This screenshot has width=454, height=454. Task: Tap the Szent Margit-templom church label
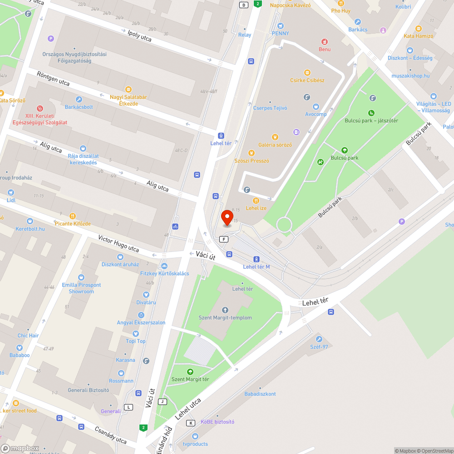click(x=225, y=317)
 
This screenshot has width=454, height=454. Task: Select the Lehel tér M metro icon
click(x=257, y=259)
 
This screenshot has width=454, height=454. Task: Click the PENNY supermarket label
click(x=280, y=33)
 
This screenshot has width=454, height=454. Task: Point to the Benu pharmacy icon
click(x=325, y=41)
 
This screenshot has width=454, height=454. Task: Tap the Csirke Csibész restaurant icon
click(x=307, y=73)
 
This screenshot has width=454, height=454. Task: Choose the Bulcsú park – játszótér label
click(x=371, y=120)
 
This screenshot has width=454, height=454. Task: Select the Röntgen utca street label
click(x=53, y=78)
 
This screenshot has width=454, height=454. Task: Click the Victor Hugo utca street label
click(x=118, y=243)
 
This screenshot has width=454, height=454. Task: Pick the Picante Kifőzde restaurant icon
click(x=72, y=216)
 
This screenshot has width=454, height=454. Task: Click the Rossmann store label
click(x=121, y=381)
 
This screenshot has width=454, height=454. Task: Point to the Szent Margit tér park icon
click(x=190, y=372)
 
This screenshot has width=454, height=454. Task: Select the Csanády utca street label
click(x=110, y=434)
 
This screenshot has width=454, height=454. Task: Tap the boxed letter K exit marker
click(x=191, y=423)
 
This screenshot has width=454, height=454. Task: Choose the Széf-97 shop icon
click(x=319, y=339)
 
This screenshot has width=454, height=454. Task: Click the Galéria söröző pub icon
click(x=275, y=137)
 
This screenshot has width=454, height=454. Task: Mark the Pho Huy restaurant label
click(x=340, y=10)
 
